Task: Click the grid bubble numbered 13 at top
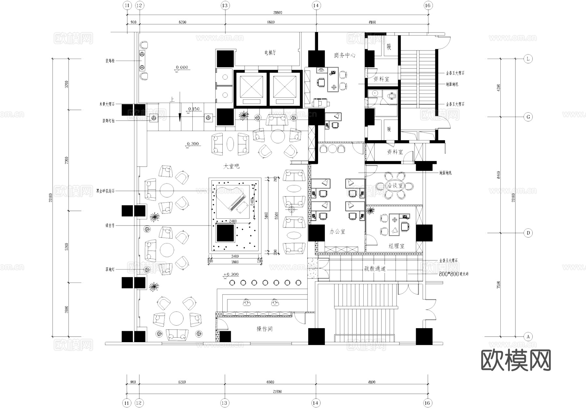225,6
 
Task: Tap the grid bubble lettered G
528,117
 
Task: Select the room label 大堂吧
231,166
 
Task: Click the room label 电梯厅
270,52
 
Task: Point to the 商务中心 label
344,55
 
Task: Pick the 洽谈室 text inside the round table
395,186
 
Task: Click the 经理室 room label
396,246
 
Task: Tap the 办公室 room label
337,232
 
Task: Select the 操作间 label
264,329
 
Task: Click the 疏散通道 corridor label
375,269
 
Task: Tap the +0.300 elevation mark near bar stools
231,274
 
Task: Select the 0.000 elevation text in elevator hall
182,67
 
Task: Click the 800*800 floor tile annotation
453,274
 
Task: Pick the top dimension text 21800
277,13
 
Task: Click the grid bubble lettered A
528,337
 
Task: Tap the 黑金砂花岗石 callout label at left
105,191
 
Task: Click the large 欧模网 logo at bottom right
516,360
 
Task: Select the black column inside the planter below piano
225,233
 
